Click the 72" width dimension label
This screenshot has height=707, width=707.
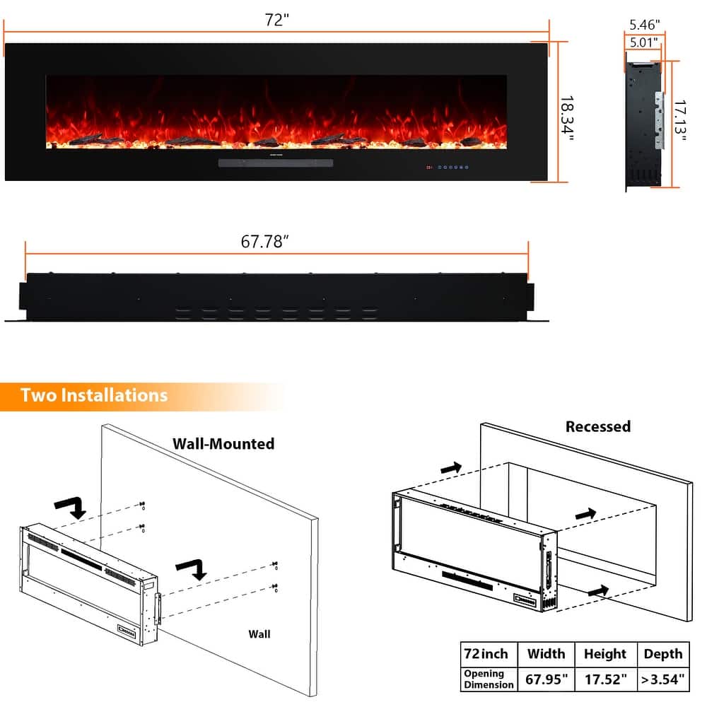pos(277,20)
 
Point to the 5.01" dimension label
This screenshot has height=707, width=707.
pos(643,42)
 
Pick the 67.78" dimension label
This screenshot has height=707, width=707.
pos(266,242)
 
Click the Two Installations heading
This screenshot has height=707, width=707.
pos(94,395)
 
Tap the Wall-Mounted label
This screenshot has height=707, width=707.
pos(223,444)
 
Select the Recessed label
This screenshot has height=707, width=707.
pos(597,426)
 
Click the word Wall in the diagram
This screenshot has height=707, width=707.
pos(259,634)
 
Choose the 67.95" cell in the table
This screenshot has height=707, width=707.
pos(546,680)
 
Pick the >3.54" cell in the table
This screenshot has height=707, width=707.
pos(662,680)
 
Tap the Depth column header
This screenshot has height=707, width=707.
pos(662,654)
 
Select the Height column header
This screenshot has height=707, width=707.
pos(604,654)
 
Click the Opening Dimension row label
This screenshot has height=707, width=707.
pos(489,679)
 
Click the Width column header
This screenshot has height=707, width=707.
pos(546,654)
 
